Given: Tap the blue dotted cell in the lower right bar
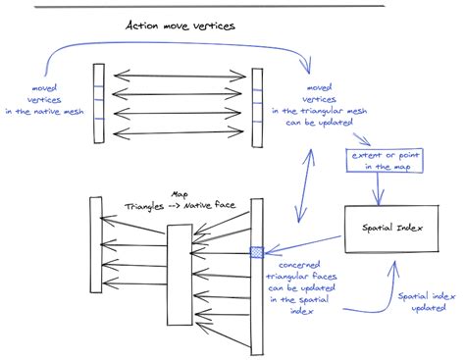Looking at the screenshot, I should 257,252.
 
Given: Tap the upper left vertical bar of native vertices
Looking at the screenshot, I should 98,104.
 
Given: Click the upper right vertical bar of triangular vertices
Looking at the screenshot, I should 257,107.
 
